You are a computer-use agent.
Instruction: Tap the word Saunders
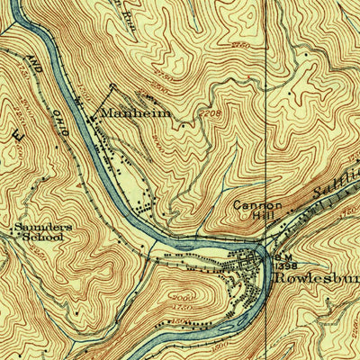tap(41, 228)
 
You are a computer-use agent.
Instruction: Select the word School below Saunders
tap(43, 238)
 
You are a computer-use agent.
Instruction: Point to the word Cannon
tap(257, 205)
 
